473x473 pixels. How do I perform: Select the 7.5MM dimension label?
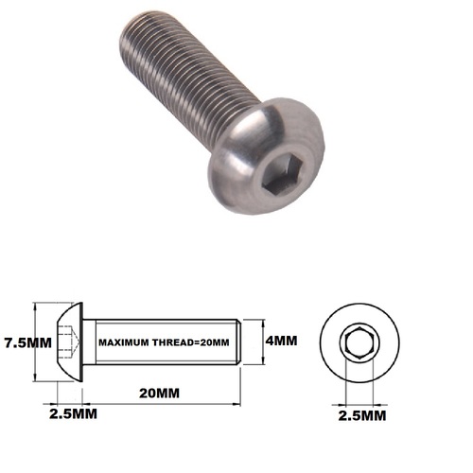[x=26, y=342]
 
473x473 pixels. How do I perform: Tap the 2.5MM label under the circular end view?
[x=363, y=415]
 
